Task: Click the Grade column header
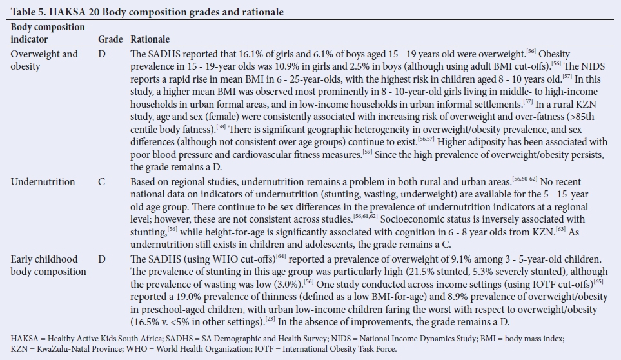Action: click(x=109, y=39)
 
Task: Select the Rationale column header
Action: click(x=151, y=39)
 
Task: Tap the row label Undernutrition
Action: click(x=43, y=182)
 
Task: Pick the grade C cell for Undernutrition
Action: click(x=102, y=182)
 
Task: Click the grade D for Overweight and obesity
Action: click(x=102, y=54)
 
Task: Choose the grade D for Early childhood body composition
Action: click(x=102, y=259)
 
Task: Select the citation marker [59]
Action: click(x=367, y=152)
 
